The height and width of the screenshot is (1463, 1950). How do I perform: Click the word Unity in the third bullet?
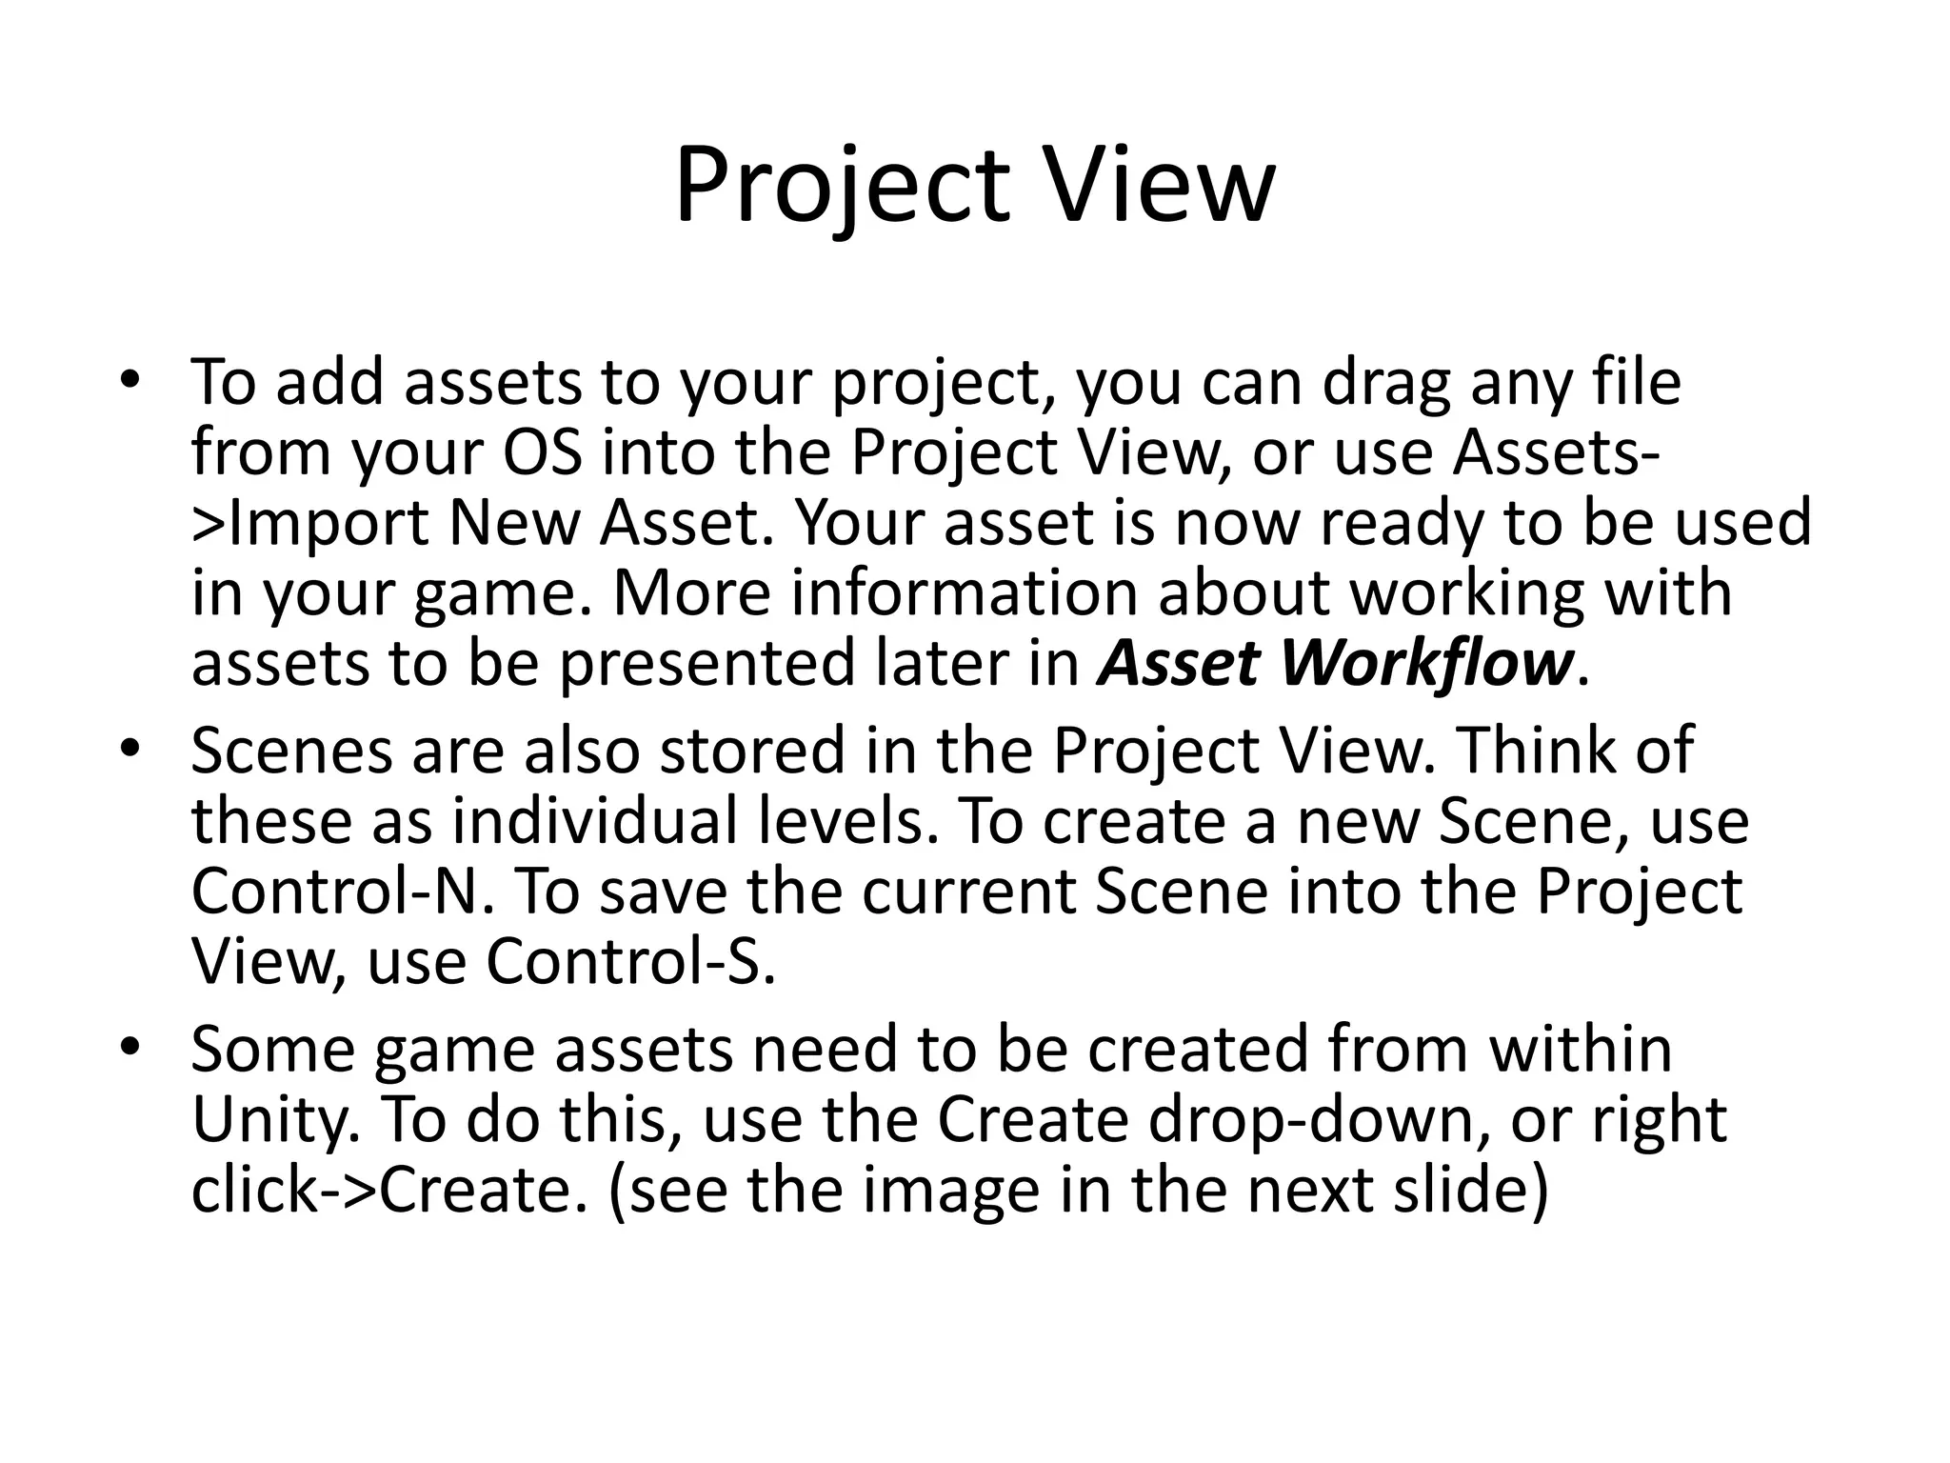point(275,1121)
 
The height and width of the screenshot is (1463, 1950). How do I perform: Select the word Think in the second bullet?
point(1534,749)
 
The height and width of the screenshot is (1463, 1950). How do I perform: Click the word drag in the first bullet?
point(1386,383)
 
